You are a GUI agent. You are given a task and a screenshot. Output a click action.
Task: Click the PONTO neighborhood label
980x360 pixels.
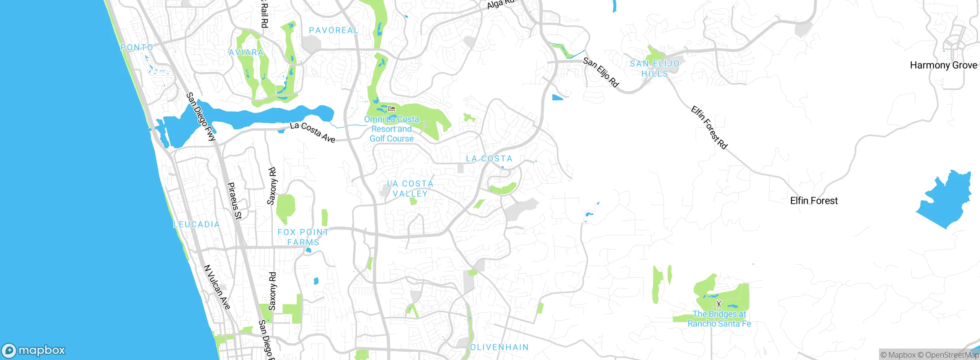137,47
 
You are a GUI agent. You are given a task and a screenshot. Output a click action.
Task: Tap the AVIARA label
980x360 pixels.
246,52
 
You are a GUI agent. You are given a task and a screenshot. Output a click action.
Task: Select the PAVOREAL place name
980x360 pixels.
333,30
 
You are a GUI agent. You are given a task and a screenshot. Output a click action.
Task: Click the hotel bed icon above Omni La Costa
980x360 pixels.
391,109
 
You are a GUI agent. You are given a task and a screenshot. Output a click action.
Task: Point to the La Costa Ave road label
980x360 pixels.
312,132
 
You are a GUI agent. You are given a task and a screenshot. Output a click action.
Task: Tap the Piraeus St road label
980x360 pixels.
235,201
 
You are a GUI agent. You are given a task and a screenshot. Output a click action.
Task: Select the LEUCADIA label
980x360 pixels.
197,224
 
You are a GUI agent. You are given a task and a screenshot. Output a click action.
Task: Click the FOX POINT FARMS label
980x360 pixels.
303,237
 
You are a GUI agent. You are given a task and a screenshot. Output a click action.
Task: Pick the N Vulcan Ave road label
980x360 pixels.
217,287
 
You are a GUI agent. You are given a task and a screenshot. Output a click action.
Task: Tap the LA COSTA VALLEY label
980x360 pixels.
410,189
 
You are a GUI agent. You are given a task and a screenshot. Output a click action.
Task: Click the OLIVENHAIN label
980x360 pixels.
499,347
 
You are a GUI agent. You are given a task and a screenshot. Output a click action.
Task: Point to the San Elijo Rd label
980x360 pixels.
601,72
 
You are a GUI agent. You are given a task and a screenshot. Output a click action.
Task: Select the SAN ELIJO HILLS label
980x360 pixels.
655,69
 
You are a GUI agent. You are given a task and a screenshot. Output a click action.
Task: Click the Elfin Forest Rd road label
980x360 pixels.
709,128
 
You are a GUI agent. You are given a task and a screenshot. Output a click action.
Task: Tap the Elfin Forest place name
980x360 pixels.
814,201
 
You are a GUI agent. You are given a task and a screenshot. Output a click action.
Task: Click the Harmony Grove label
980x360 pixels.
943,65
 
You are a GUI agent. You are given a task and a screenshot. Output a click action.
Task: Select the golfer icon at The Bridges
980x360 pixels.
719,304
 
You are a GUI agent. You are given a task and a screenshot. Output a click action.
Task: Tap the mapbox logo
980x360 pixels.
34,350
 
